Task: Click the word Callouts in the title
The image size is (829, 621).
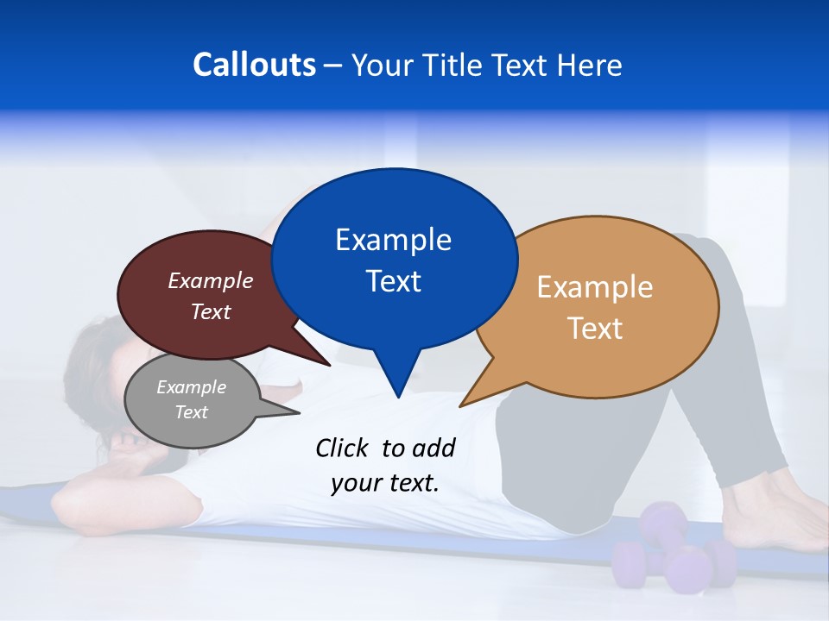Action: [x=255, y=65]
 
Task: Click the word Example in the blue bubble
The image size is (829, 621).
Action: [x=393, y=240]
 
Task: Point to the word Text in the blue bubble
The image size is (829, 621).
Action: [x=393, y=281]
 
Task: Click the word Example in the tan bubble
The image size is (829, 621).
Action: [x=595, y=287]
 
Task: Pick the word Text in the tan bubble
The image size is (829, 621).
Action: [x=595, y=329]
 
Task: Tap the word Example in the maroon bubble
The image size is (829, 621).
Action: [x=211, y=280]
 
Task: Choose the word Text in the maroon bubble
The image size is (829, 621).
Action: [x=211, y=311]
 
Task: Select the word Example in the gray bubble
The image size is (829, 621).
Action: [x=191, y=387]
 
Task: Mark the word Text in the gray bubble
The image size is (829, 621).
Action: [x=191, y=412]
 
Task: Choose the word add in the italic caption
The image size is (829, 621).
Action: [x=433, y=448]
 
